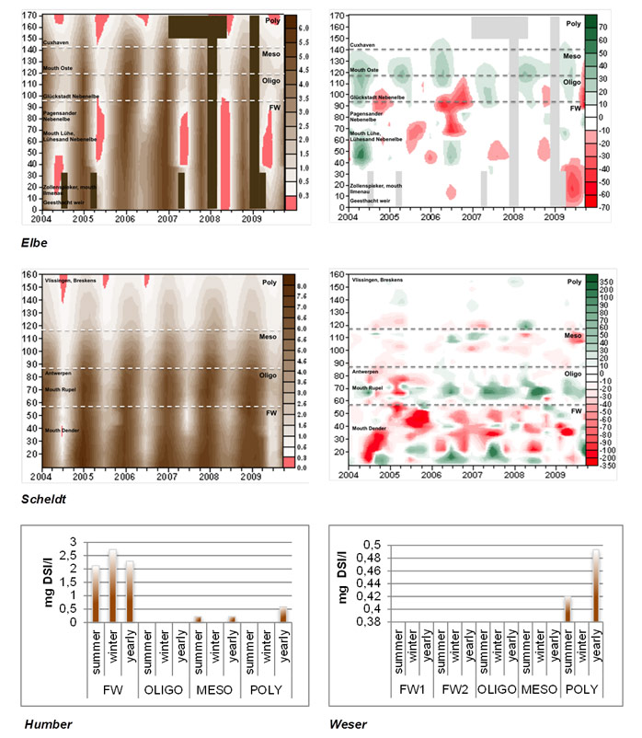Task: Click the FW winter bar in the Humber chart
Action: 112,586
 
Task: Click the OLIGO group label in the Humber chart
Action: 163,686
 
